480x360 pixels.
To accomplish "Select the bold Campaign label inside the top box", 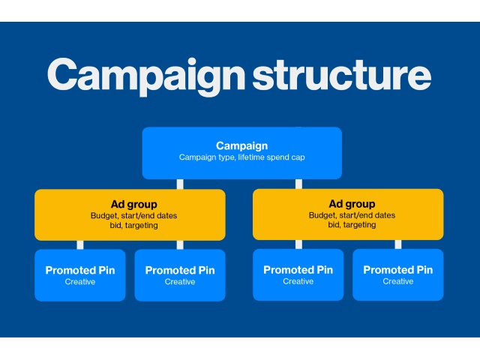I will (241, 145).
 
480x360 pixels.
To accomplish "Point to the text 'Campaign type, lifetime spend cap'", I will (241, 157).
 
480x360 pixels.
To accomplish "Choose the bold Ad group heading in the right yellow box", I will (351, 204).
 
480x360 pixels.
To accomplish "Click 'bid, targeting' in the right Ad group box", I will (351, 225).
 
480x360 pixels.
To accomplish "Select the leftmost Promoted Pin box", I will (80, 274).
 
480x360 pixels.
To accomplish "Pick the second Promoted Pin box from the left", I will (180, 274).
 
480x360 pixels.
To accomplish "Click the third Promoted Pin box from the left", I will (298, 274).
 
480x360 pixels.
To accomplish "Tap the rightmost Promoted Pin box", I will (397, 274).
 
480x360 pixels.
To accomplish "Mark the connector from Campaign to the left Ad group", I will (180, 184).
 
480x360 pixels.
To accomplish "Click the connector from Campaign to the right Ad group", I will (298, 184).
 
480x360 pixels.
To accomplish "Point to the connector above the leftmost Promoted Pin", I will (80, 244).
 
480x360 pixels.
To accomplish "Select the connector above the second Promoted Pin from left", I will (180, 244).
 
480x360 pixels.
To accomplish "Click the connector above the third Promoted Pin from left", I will (298, 244).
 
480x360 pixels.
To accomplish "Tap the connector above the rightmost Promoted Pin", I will (397, 244).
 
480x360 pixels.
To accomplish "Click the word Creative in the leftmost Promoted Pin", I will (80, 282).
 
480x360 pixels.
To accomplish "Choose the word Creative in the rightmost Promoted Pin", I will (397, 282).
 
